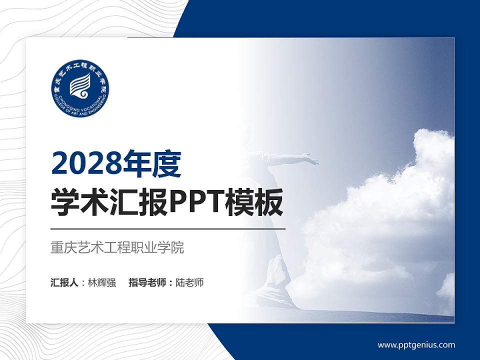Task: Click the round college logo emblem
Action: click(x=80, y=88)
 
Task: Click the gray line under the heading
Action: click(x=168, y=229)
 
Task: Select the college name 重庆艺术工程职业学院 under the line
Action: click(x=117, y=247)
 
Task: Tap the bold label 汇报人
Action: click(x=64, y=282)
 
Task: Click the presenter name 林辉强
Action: click(x=101, y=282)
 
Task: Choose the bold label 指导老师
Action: click(x=147, y=282)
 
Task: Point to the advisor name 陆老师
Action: click(x=189, y=282)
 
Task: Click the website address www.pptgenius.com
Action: click(x=416, y=345)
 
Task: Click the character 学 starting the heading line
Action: click(x=65, y=203)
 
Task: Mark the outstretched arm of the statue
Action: click(x=290, y=158)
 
